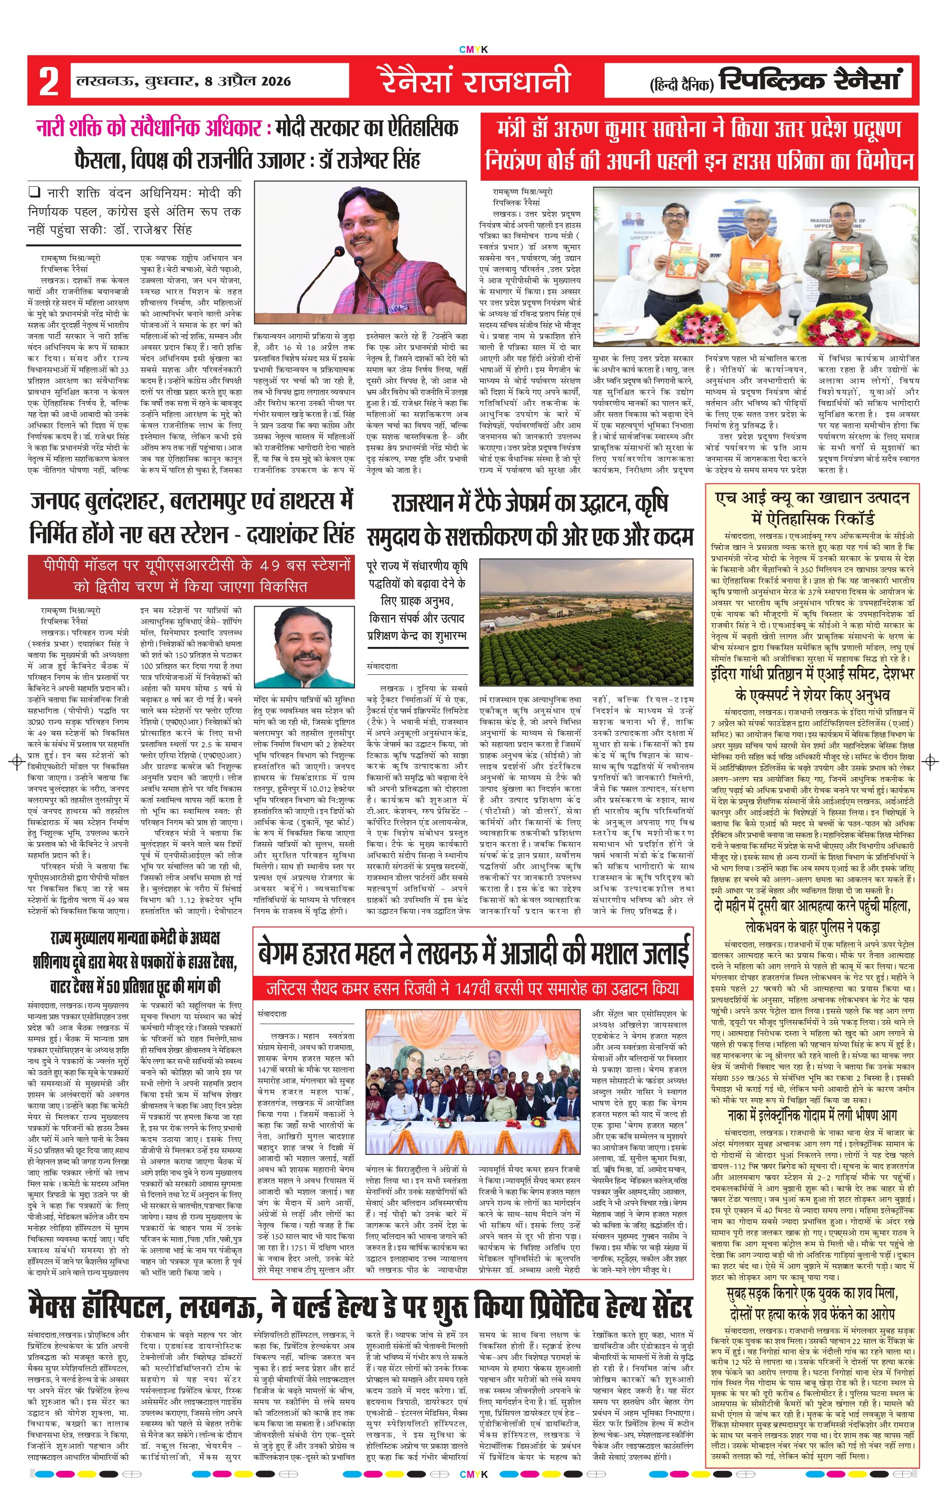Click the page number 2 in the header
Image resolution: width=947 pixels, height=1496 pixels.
[x=48, y=81]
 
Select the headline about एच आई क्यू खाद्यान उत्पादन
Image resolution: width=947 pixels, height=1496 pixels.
[x=813, y=507]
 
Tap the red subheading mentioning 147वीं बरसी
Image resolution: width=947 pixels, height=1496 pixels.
[x=473, y=989]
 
